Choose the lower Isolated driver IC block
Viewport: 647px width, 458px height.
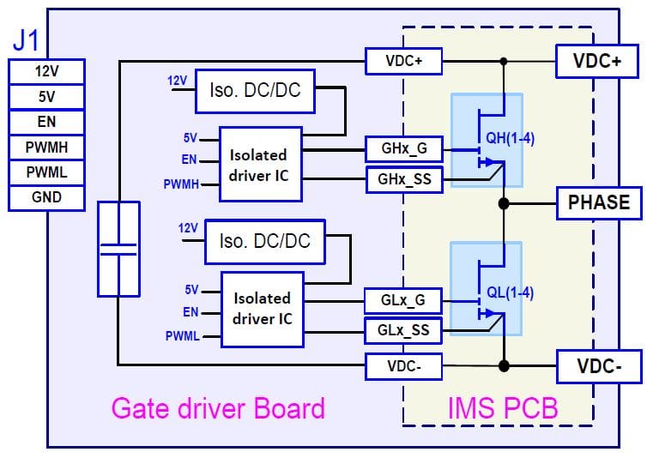[262, 309]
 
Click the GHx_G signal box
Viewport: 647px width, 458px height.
[402, 148]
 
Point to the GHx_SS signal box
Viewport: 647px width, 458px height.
[402, 178]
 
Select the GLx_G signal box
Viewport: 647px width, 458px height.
[402, 301]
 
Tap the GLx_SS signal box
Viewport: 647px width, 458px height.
[402, 328]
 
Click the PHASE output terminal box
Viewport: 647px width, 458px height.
[598, 203]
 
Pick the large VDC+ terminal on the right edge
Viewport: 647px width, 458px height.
[598, 61]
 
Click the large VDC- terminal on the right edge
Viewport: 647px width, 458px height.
[598, 366]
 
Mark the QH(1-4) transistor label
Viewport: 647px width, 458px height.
[511, 138]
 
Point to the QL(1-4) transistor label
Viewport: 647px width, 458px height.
[510, 292]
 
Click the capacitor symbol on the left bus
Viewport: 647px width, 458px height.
[118, 249]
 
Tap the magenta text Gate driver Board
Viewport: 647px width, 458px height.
[218, 407]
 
